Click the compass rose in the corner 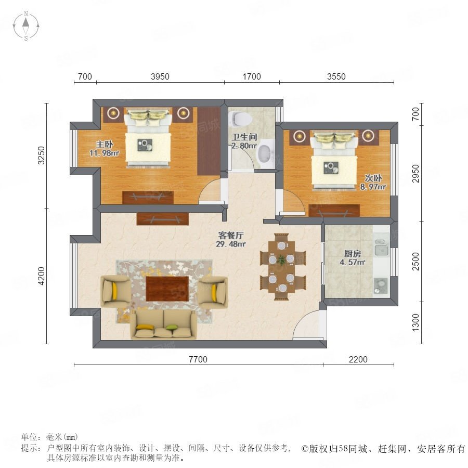[26, 26]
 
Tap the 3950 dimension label [160, 77]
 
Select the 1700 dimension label [252, 77]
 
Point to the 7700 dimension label [198, 359]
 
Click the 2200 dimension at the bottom [358, 359]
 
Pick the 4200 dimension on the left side [41, 276]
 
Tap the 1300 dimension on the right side [415, 322]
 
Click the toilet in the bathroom [241, 118]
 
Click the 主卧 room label [105, 145]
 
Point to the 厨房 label [353, 254]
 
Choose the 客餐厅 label [231, 235]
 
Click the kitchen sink [381, 248]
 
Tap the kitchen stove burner [381, 285]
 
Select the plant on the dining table [281, 259]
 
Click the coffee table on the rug [167, 289]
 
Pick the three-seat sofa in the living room [163, 324]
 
